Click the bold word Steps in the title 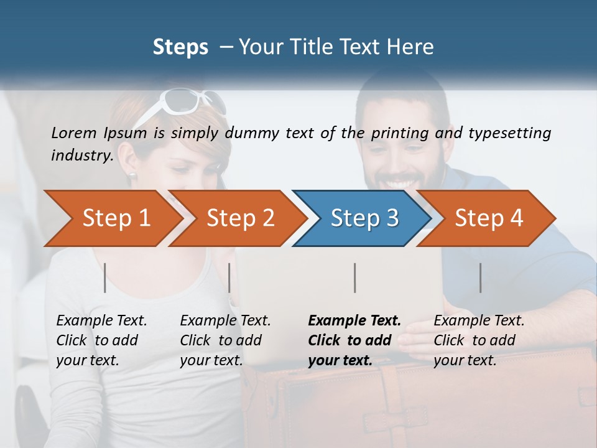pyautogui.click(x=180, y=47)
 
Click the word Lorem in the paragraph pyautogui.click(x=74, y=133)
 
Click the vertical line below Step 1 pyautogui.click(x=105, y=278)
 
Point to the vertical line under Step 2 pyautogui.click(x=229, y=278)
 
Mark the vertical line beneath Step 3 pyautogui.click(x=354, y=278)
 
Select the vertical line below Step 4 pyautogui.click(x=480, y=278)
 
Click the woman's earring pyautogui.click(x=132, y=175)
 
